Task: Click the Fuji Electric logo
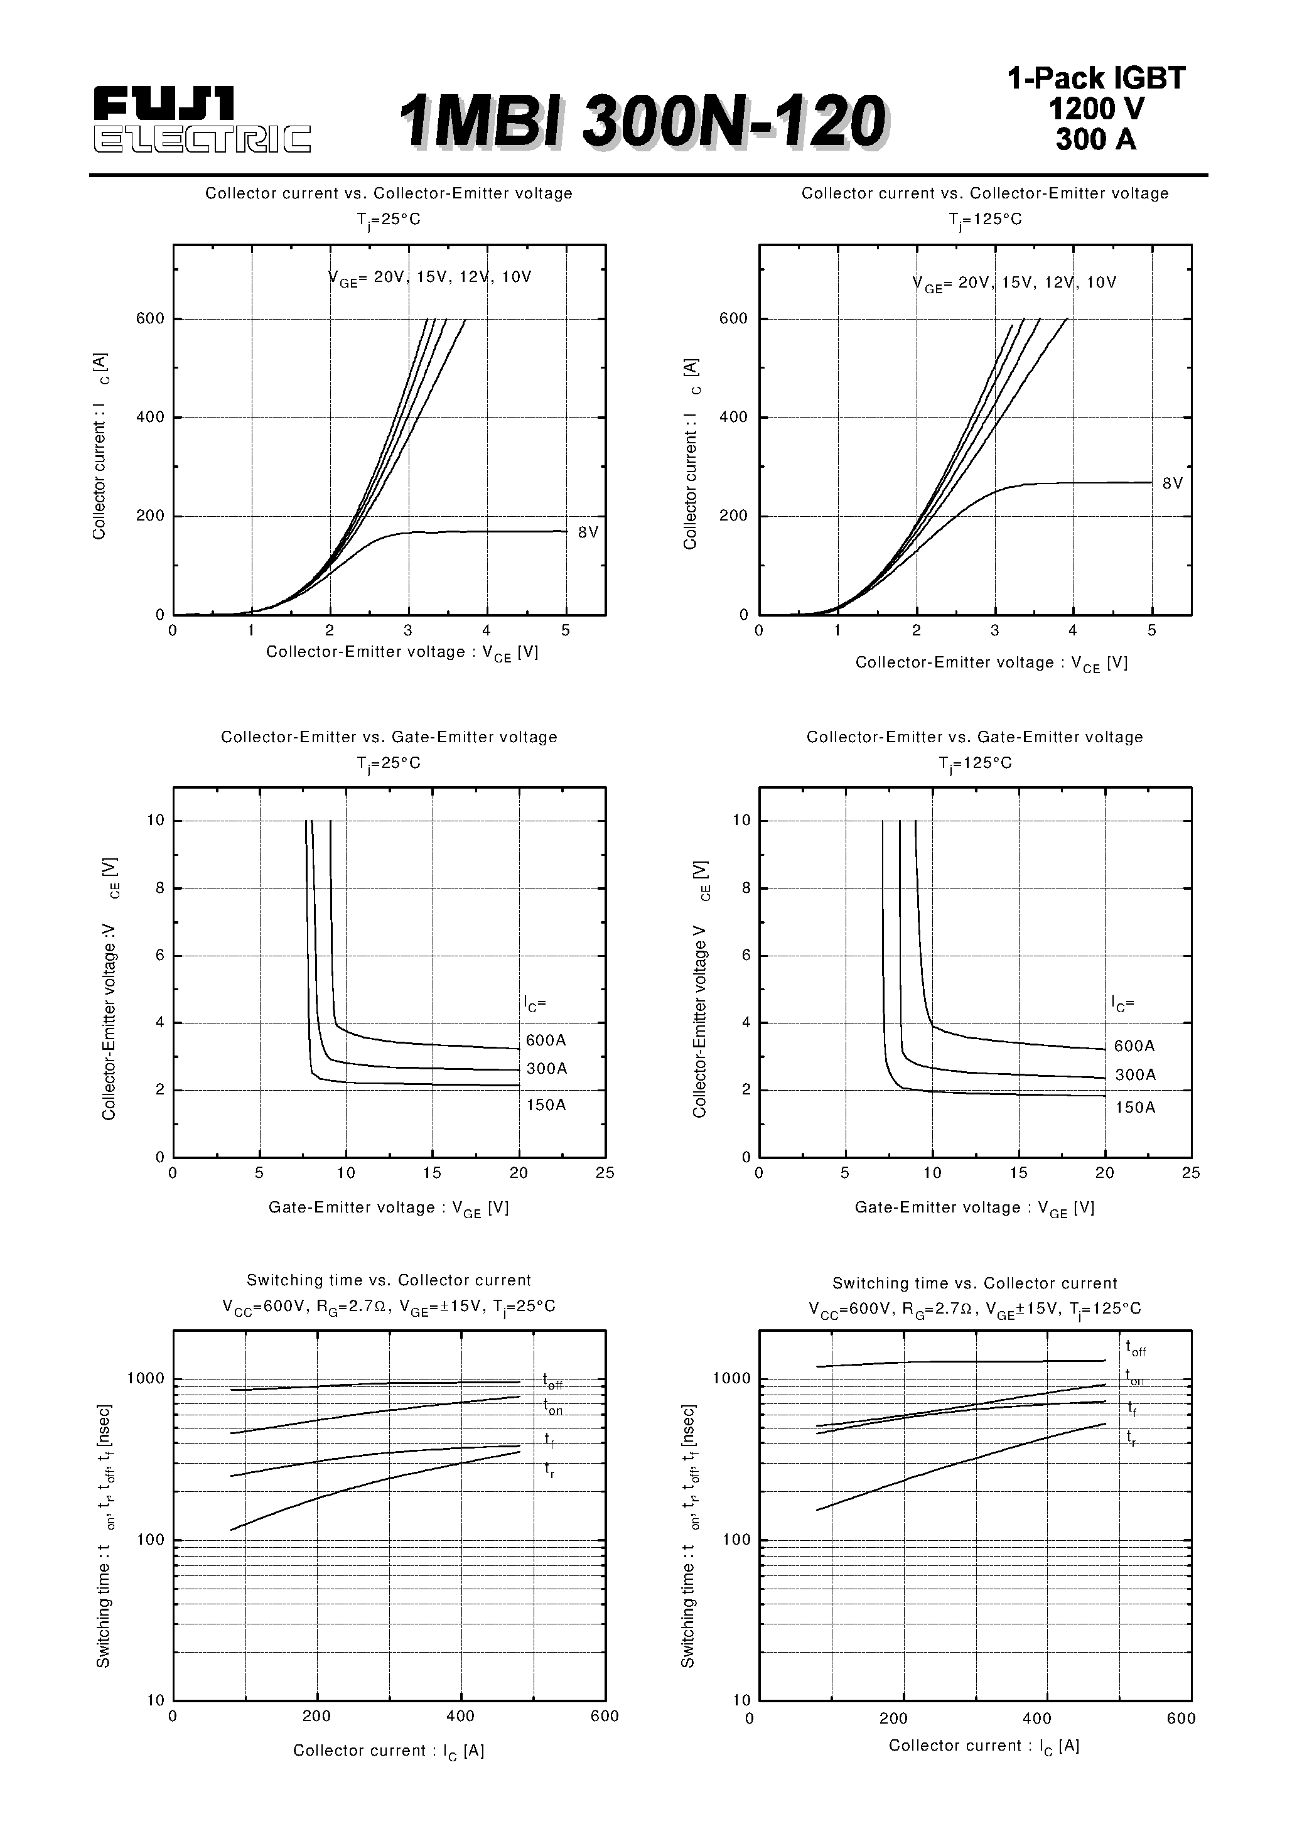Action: [202, 120]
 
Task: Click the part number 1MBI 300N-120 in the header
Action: [642, 122]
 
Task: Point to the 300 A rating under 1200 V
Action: [1095, 139]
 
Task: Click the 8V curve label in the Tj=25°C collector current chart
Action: [588, 532]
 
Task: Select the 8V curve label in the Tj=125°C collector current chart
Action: [1172, 483]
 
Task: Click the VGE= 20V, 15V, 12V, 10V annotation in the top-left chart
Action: [429, 278]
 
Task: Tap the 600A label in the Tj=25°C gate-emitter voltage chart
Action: [546, 1040]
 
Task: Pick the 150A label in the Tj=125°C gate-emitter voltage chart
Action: [1134, 1108]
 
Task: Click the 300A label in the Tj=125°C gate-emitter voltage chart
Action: [1134, 1075]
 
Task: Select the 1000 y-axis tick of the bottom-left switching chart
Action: [146, 1378]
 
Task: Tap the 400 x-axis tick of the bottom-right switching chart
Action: [1037, 1719]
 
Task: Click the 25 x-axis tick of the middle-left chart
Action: [605, 1172]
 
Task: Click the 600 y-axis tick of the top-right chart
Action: [733, 318]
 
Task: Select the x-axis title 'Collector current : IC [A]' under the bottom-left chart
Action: [389, 1751]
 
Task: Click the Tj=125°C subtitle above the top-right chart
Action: [985, 220]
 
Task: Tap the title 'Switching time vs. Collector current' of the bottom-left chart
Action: [389, 1280]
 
